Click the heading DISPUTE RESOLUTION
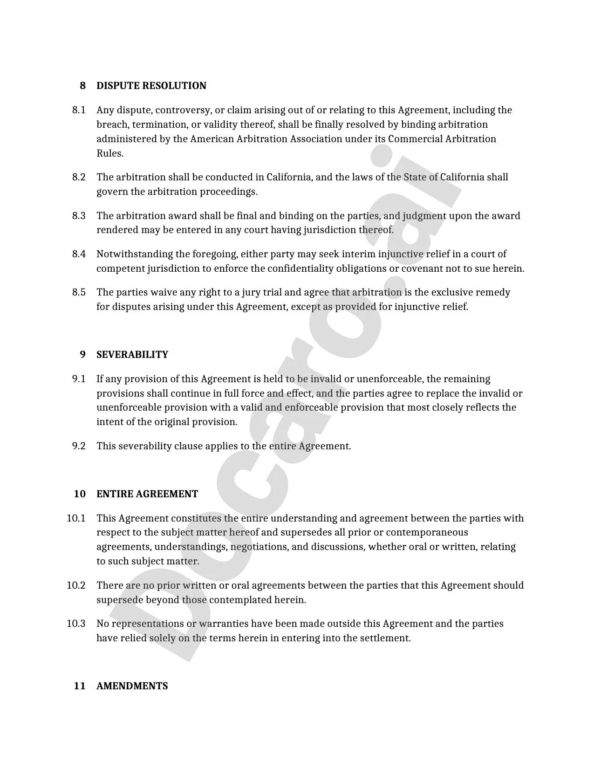click(x=151, y=86)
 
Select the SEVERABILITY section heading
click(x=132, y=355)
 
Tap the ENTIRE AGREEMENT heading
click(x=147, y=494)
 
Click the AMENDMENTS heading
click(x=132, y=686)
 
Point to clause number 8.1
click(x=79, y=110)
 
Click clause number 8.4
click(x=79, y=254)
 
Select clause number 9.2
click(x=79, y=446)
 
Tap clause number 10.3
click(x=76, y=624)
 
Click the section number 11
click(x=80, y=686)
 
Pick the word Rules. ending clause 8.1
click(x=110, y=153)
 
